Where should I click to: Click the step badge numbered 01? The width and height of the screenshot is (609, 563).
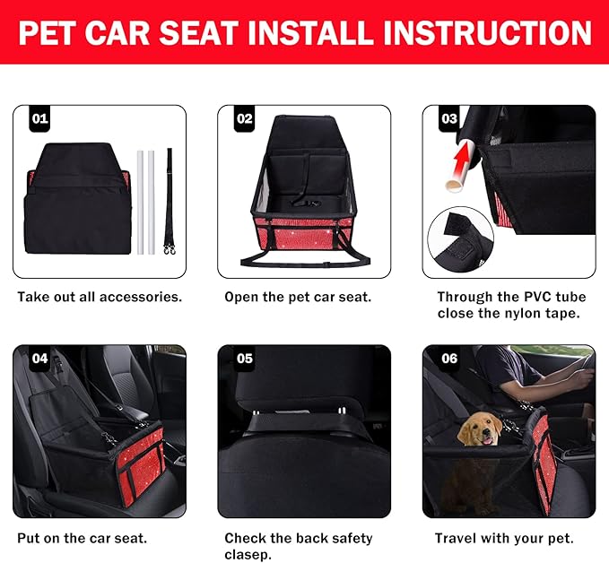click(x=40, y=117)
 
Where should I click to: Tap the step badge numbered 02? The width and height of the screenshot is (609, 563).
click(x=245, y=117)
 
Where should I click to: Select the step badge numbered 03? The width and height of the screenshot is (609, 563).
click(x=449, y=117)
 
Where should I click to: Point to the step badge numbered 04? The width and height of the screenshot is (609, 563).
click(x=40, y=358)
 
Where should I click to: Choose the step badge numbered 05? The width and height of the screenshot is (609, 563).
click(x=245, y=358)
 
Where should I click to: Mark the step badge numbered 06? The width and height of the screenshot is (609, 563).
click(x=449, y=358)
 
